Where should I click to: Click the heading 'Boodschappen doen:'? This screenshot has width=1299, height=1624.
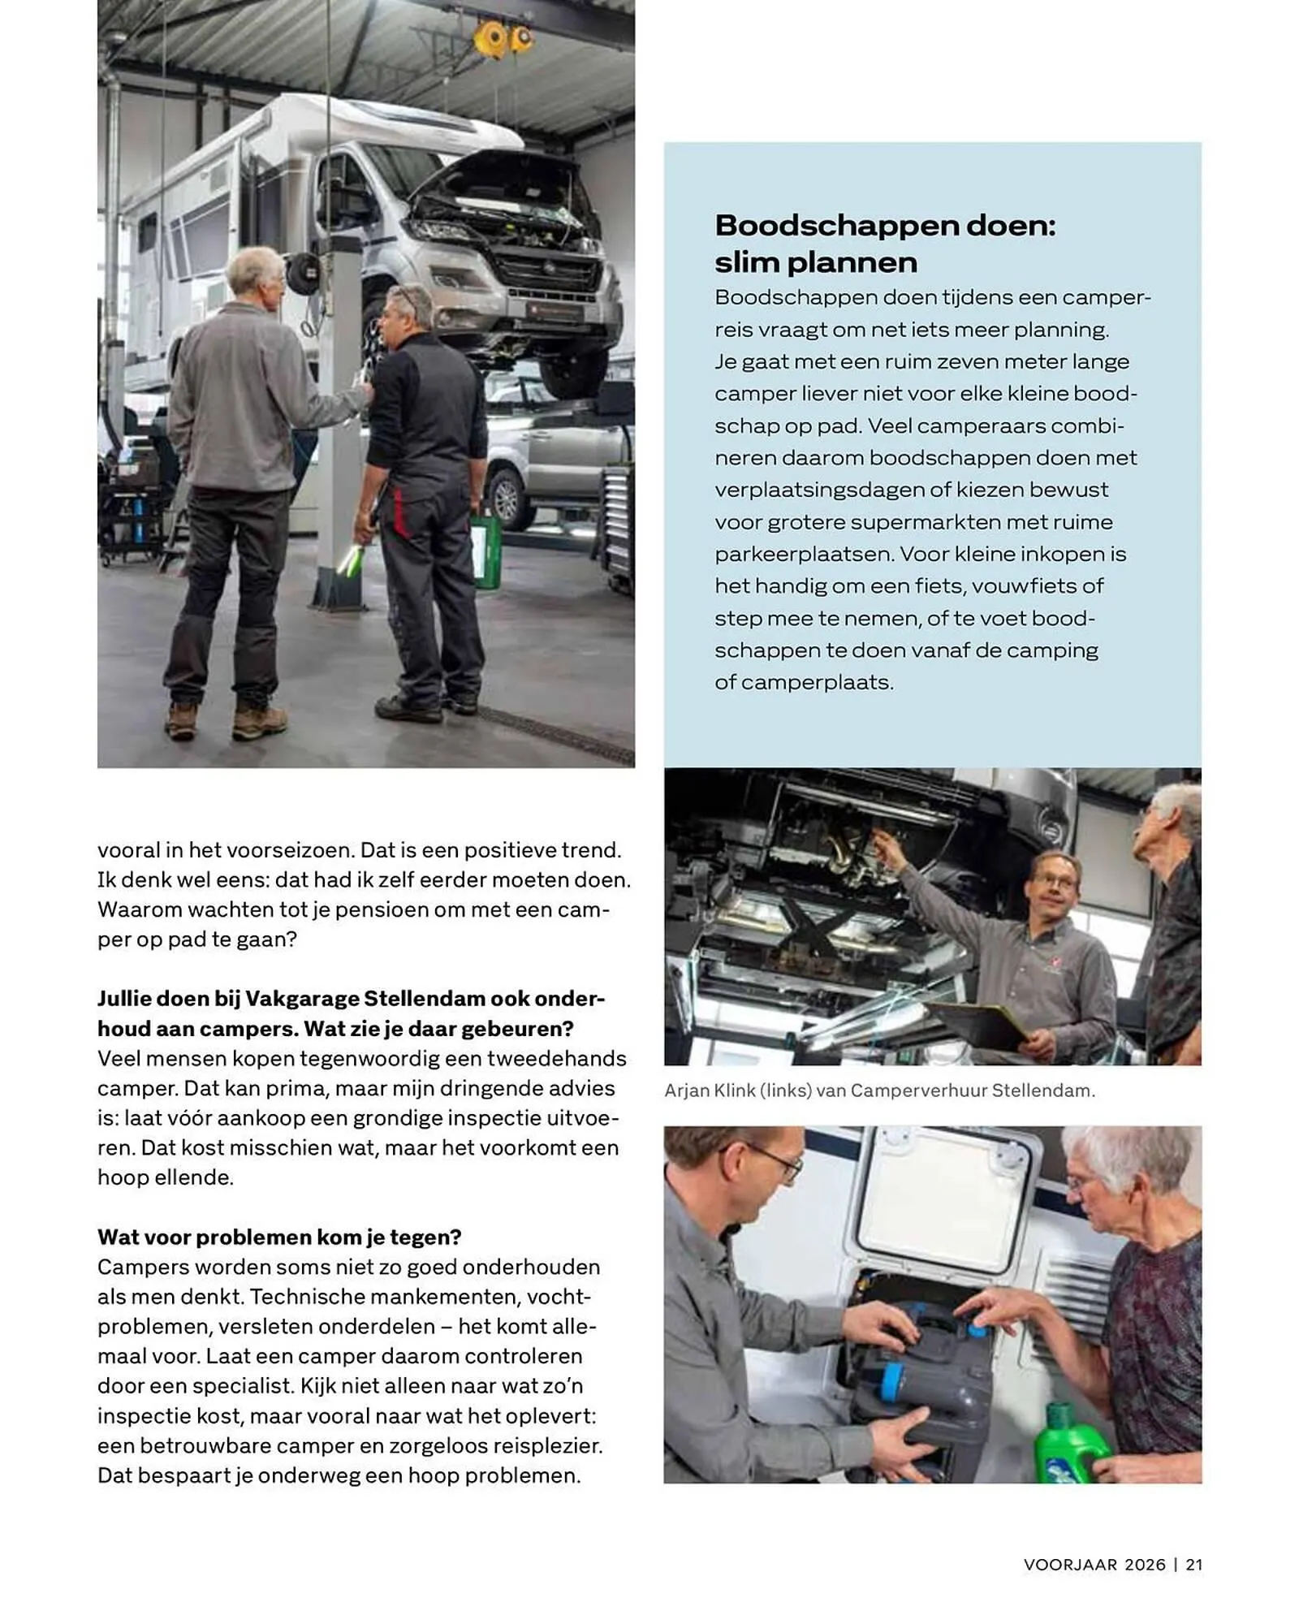[884, 225]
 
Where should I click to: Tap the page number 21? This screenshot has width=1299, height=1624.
[1193, 1565]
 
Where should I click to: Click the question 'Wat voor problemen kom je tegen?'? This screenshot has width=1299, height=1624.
[279, 1237]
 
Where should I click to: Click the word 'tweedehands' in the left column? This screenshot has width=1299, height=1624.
[556, 1058]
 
